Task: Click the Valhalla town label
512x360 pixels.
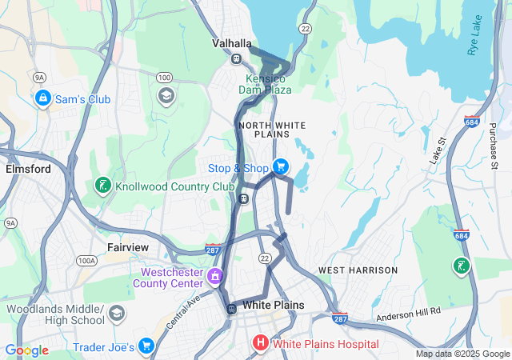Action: coord(232,43)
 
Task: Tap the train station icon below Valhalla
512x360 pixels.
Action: coord(236,58)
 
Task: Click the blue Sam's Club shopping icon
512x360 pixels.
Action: coord(42,98)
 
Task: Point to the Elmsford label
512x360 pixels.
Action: coord(28,170)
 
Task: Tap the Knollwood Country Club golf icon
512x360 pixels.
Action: coord(102,186)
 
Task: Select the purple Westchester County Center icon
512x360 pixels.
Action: coord(214,277)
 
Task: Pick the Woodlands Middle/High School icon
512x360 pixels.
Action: coord(118,313)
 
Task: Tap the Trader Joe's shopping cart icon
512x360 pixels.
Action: coord(146,346)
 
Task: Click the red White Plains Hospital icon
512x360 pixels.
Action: coord(260,344)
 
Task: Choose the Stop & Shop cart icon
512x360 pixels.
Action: coord(280,167)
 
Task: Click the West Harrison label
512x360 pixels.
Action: coord(358,270)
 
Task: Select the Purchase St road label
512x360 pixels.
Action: coord(493,145)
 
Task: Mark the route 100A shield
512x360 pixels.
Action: coord(86,261)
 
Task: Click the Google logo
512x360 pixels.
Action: coord(27,350)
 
